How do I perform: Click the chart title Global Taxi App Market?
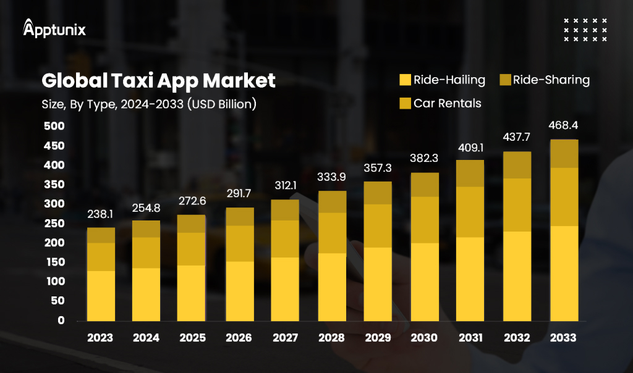tap(158, 80)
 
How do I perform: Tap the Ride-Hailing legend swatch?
tap(406, 80)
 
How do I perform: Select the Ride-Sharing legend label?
tap(551, 80)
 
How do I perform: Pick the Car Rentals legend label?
tap(447, 103)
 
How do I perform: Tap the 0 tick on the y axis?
tap(61, 321)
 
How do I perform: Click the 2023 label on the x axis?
tap(100, 338)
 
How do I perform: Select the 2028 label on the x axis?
tap(331, 338)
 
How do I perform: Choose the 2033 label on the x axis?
tap(563, 338)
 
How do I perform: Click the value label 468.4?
tap(563, 126)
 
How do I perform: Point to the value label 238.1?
tap(100, 214)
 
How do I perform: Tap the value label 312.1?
tap(285, 186)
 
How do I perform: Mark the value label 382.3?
tap(424, 159)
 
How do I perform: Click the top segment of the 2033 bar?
tap(563, 154)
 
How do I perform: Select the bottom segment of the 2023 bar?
tap(100, 296)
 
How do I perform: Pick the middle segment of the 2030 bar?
tap(424, 220)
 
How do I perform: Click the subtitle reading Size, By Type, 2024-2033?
tap(145, 104)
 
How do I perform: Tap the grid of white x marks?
tap(585, 30)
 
